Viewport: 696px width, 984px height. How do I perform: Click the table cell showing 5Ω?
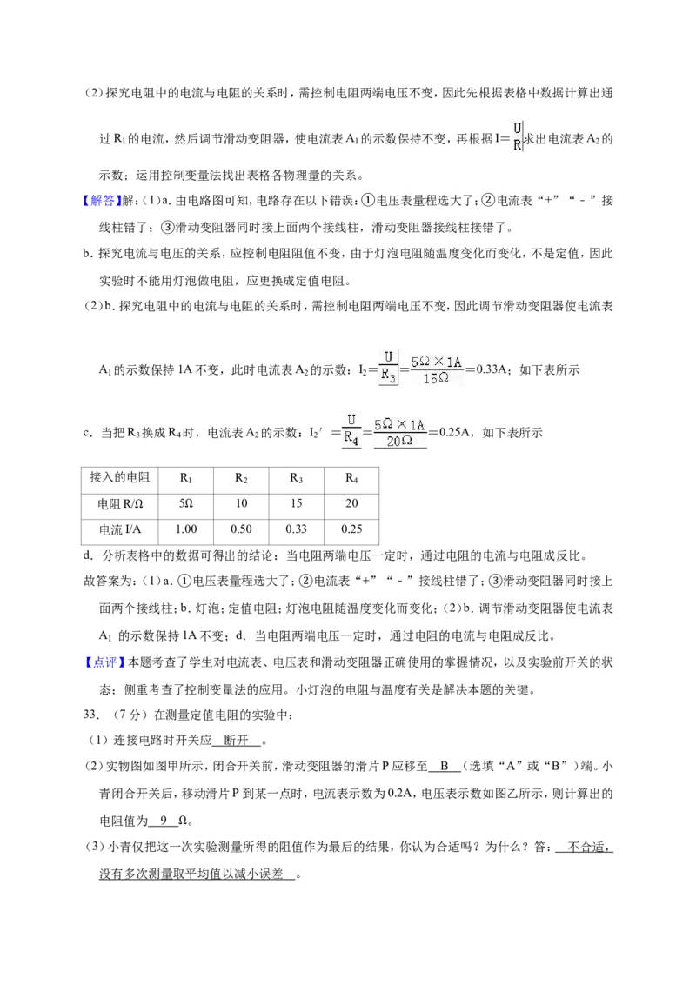pyautogui.click(x=186, y=503)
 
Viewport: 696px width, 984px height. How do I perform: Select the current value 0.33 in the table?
pyautogui.click(x=296, y=529)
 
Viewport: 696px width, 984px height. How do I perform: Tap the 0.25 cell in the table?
pyautogui.click(x=351, y=529)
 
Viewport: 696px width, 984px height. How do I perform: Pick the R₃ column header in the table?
pyautogui.click(x=296, y=478)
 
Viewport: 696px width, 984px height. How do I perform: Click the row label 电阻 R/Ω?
pyautogui.click(x=120, y=504)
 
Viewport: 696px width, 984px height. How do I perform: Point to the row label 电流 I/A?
pyautogui.click(x=120, y=529)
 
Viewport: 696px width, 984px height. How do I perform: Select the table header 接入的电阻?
pyautogui.click(x=120, y=477)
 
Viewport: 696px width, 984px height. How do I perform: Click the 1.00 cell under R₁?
pyautogui.click(x=186, y=529)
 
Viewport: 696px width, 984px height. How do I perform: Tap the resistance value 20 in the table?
pyautogui.click(x=351, y=503)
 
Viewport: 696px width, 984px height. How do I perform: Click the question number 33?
pyautogui.click(x=91, y=715)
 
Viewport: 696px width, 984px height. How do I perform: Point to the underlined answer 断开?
pyautogui.click(x=237, y=741)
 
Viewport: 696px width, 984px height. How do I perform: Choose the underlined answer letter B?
pyautogui.click(x=444, y=766)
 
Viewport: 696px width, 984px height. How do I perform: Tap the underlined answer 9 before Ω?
pyautogui.click(x=164, y=821)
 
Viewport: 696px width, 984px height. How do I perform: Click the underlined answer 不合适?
pyautogui.click(x=589, y=848)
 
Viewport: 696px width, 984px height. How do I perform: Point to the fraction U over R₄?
pyautogui.click(x=351, y=430)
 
